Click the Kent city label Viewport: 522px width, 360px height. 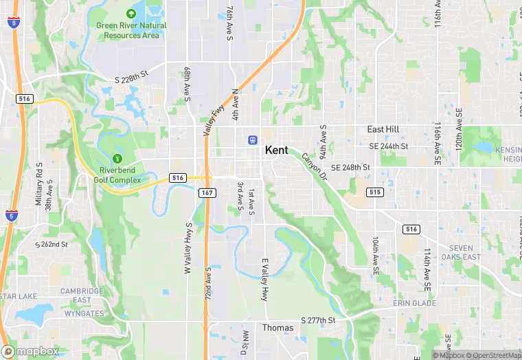tap(276, 150)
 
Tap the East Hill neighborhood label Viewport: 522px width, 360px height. tap(383, 129)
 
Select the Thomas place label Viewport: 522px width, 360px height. tap(277, 328)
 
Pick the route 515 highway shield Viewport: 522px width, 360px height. tap(374, 192)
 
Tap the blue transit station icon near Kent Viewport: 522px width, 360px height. tap(253, 139)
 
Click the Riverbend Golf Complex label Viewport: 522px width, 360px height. tap(117, 175)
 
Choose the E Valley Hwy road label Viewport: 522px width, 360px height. tap(264, 280)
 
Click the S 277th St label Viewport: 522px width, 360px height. tap(317, 320)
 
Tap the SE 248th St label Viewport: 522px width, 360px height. tap(350, 167)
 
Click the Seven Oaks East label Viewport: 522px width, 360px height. tap(465, 253)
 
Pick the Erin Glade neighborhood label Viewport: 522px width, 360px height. tap(414, 303)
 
